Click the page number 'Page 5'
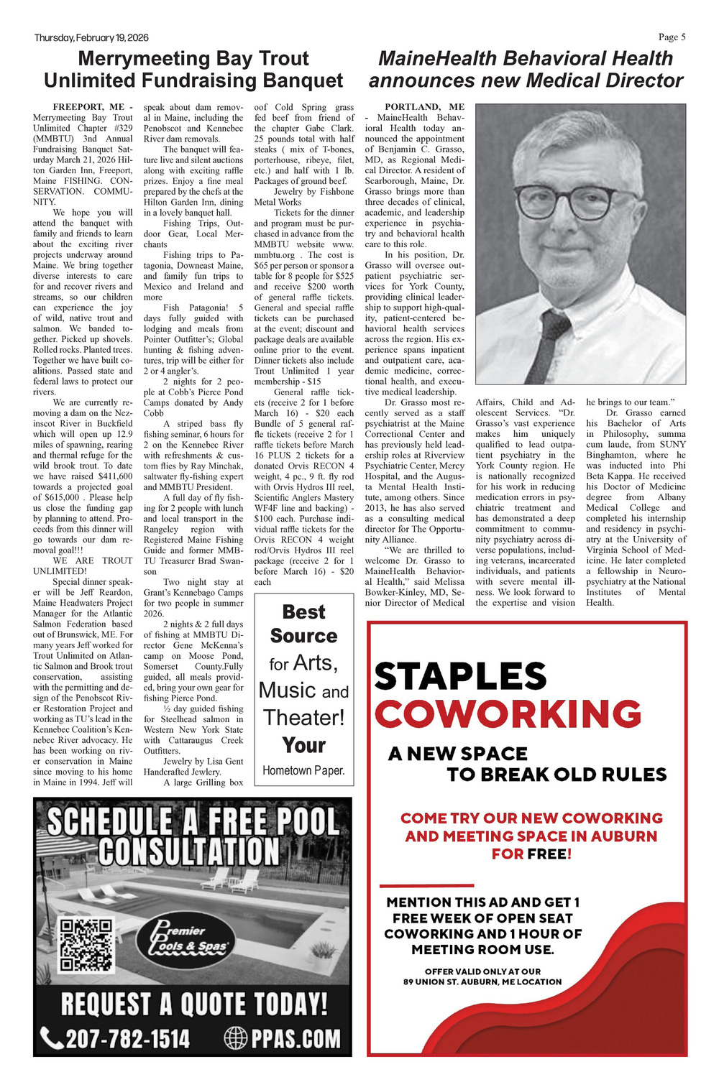point(672,37)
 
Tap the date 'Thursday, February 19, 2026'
point(91,38)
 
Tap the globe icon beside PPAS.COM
point(236,1038)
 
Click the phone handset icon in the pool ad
point(52,1038)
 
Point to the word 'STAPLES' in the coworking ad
point(460,676)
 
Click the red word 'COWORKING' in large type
point(508,714)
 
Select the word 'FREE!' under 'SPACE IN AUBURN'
point(549,854)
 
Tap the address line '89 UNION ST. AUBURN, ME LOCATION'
point(482,982)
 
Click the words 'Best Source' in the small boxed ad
point(303,624)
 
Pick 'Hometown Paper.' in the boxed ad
point(303,770)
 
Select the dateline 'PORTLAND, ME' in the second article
point(424,107)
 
